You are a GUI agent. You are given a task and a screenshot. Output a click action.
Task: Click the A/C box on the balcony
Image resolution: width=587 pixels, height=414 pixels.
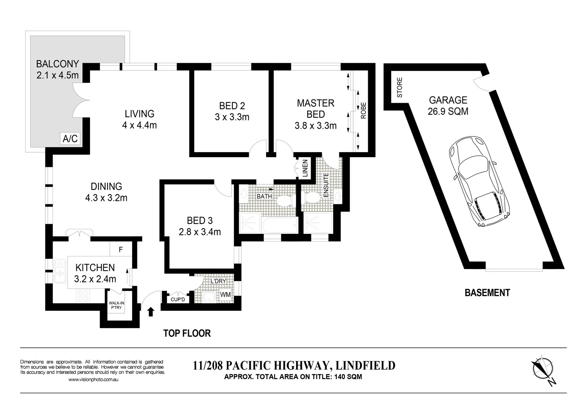pos(70,139)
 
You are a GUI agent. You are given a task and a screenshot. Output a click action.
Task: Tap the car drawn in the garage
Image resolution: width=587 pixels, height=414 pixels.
pos(478,181)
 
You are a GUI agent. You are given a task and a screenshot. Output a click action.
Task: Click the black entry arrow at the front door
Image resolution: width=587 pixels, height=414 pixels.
pos(150,312)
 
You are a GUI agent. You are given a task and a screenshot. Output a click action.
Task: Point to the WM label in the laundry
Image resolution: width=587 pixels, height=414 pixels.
pos(225,295)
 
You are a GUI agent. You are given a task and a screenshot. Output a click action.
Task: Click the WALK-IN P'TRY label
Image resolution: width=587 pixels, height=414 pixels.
pos(116,305)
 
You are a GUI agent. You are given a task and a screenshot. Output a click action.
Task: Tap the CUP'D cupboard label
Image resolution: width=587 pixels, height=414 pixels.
pos(178,299)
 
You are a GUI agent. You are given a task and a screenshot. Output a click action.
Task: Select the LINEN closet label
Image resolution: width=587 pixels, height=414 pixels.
pos(305,169)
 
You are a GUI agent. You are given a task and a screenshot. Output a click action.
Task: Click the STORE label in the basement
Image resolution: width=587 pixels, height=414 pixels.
pos(400,87)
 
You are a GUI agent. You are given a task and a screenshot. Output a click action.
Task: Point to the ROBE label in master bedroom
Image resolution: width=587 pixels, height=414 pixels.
pos(364,110)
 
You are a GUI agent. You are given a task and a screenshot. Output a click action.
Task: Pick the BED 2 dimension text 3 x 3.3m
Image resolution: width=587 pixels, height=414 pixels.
pos(232,117)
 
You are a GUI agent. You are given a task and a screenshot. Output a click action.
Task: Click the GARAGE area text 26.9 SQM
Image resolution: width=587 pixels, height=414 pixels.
pos(448,112)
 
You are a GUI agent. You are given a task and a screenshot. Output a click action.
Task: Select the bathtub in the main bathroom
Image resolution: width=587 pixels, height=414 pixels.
pos(279,225)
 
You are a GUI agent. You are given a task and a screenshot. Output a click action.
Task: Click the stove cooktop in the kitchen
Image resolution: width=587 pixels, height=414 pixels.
pos(83,296)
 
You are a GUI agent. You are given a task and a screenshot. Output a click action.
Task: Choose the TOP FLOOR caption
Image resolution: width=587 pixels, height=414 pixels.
pos(187,333)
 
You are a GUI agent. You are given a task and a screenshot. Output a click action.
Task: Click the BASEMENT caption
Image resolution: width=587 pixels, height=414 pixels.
pos(488,292)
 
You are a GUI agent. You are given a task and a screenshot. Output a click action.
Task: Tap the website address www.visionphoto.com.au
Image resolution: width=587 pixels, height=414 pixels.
pos(93,380)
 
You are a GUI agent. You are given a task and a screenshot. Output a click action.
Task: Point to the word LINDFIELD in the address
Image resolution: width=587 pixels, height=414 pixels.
pos(365,366)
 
